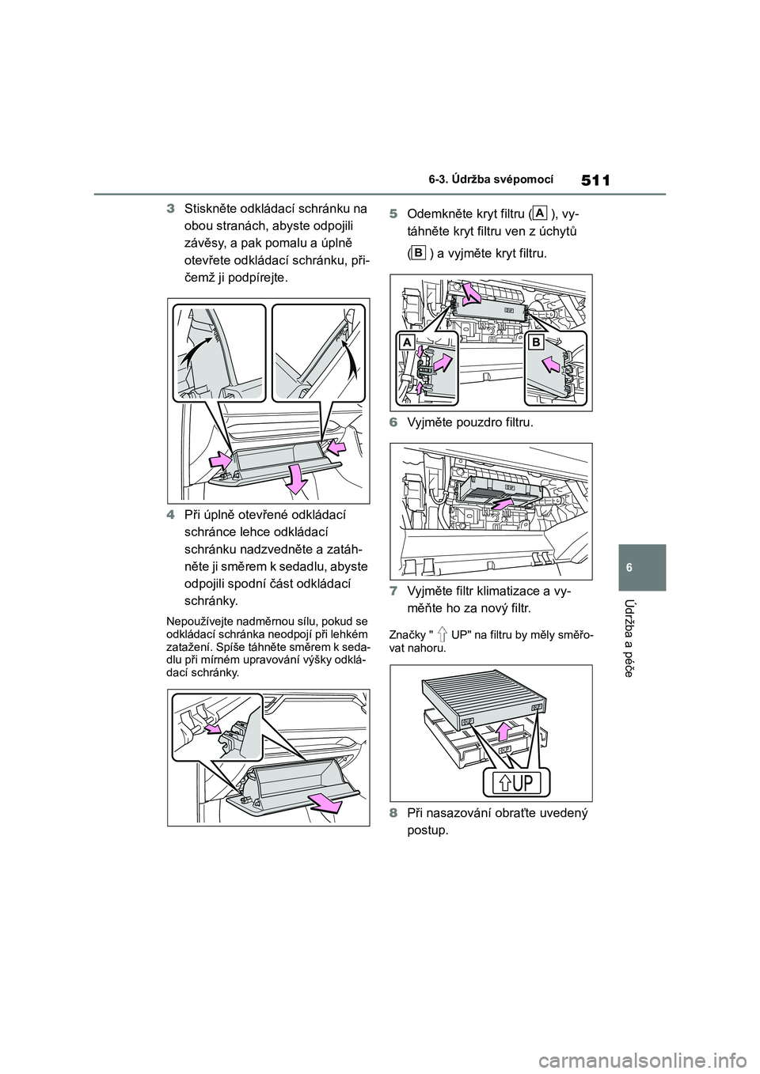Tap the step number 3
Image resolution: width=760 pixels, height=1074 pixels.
pos(170,210)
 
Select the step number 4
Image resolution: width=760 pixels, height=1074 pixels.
pos(170,515)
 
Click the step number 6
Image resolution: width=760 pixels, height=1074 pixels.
pos(393,423)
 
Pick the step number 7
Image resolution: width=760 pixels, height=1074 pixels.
pos(393,592)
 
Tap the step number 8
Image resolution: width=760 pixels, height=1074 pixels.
pos(393,812)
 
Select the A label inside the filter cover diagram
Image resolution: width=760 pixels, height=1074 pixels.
pos(407,342)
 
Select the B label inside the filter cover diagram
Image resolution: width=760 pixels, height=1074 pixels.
pos(535,342)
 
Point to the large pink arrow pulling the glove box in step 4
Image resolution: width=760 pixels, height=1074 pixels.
pos(325,803)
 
